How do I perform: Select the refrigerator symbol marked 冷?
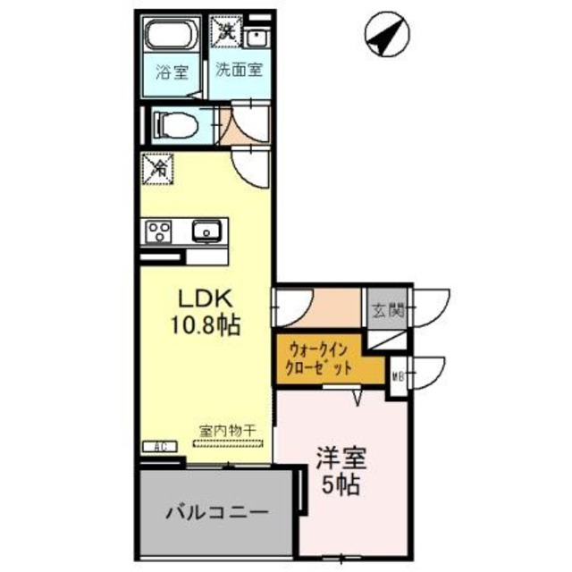157,166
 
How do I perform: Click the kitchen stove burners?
160,231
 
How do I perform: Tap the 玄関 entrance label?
387,311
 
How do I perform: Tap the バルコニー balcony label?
216,514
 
